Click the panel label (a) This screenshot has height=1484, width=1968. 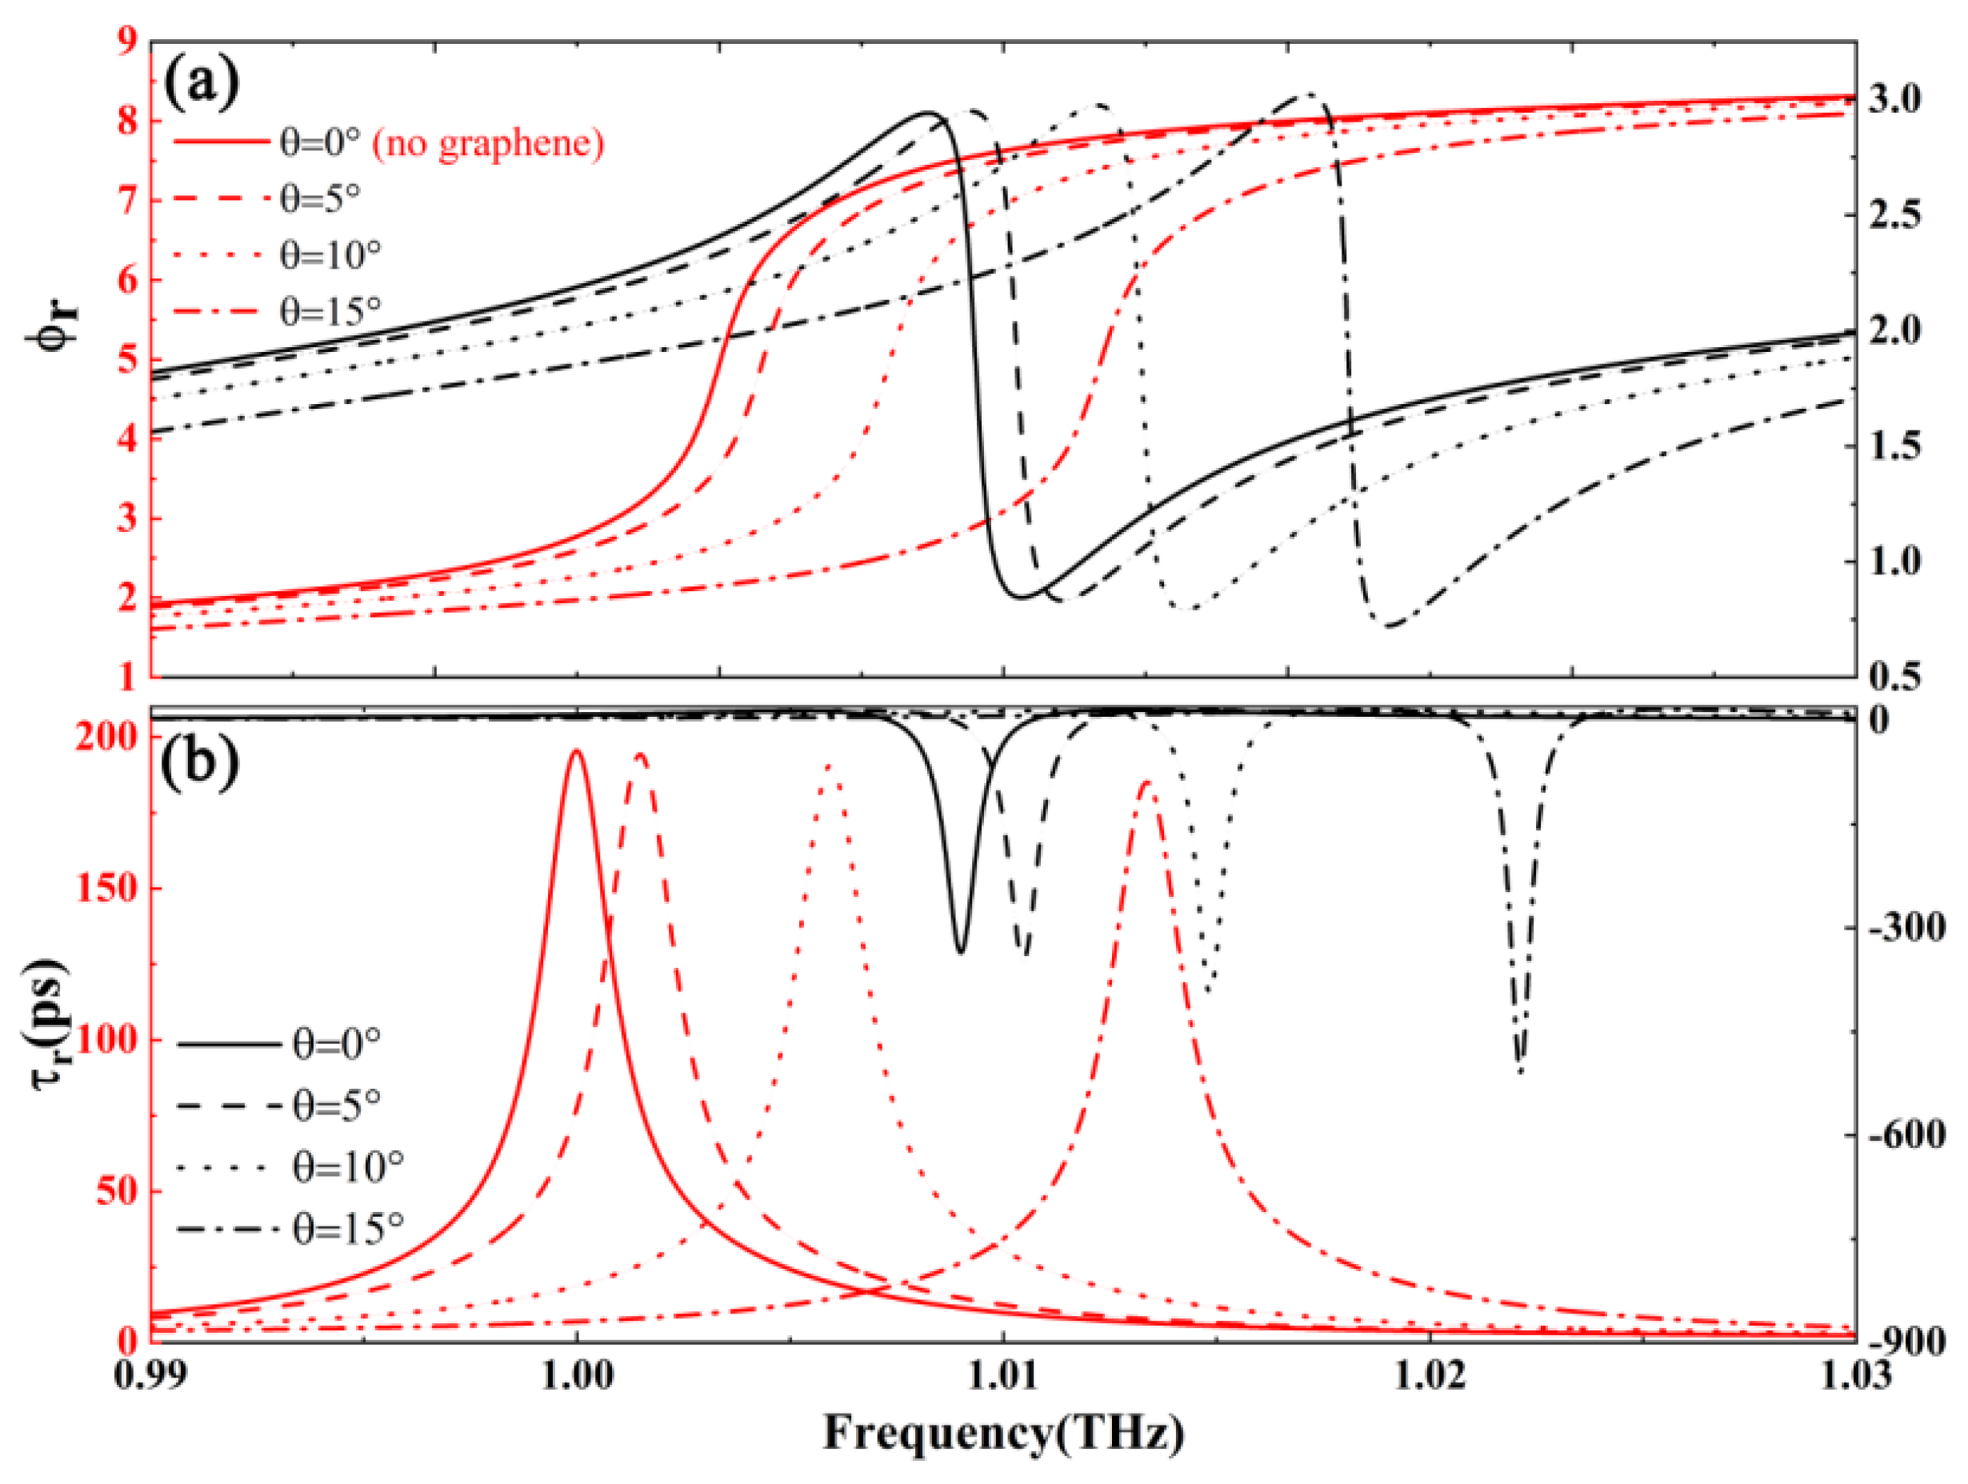[x=201, y=84]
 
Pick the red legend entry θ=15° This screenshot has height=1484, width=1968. [x=330, y=311]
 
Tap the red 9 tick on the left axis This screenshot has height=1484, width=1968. [x=129, y=42]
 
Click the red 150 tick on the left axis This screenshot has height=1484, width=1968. [x=106, y=888]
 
